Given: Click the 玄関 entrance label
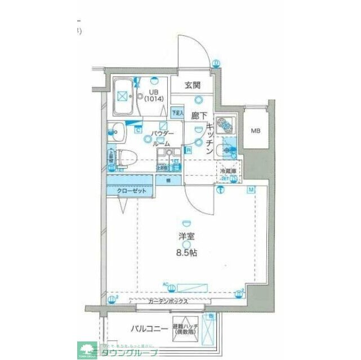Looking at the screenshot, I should pos(193,86).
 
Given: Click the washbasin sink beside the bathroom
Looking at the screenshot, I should pos(117,130).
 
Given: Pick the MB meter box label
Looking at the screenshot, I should pos(255,130).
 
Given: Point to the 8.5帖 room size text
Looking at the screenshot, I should pos(185,254).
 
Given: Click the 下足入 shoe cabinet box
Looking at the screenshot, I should pos(177,113).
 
